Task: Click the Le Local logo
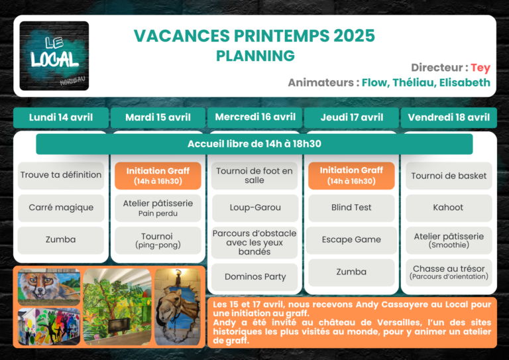point(54,56)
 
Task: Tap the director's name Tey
point(481,68)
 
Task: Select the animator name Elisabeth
point(465,82)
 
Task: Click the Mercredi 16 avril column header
point(254,117)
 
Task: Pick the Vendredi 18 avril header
point(449,117)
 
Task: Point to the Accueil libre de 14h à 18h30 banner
point(254,144)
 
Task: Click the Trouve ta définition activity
point(61,175)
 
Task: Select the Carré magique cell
point(61,208)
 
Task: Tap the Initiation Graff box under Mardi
point(158,176)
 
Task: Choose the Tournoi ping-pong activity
point(158,240)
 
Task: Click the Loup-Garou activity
point(254,208)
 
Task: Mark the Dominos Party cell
point(254,277)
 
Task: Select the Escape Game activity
point(351,240)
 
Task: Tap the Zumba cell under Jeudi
point(351,272)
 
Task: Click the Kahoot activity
point(449,208)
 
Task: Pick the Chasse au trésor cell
point(449,272)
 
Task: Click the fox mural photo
point(49,287)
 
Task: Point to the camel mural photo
point(178,307)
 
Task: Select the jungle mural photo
point(117,307)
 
